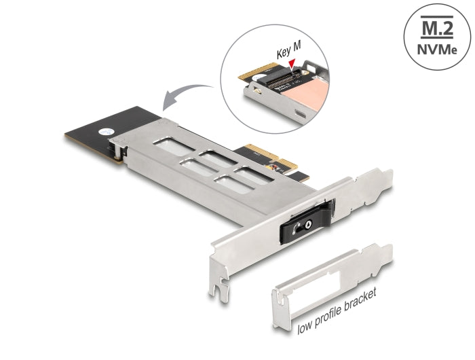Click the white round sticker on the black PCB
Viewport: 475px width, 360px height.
[104, 133]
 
